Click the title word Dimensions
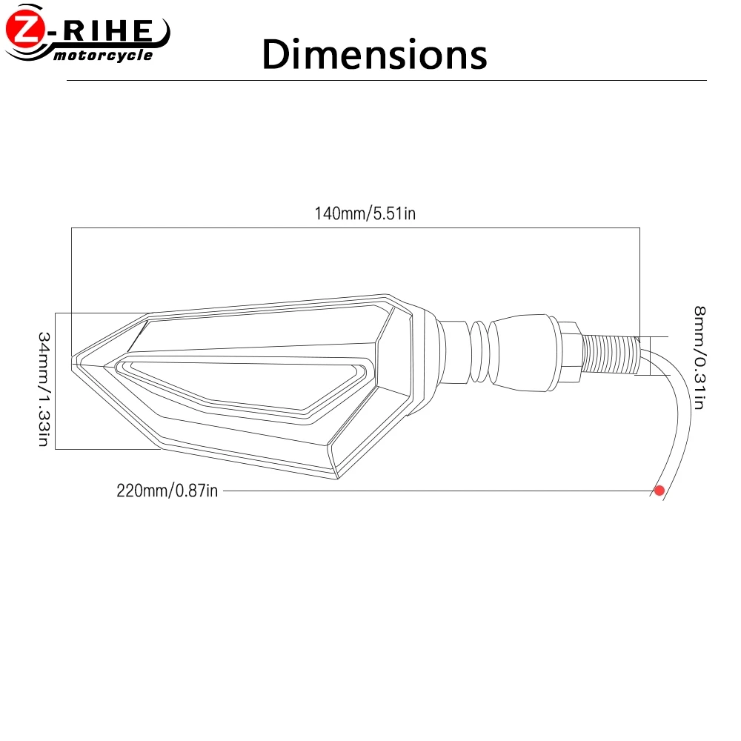(374, 54)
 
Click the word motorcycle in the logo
(103, 56)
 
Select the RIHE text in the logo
(107, 30)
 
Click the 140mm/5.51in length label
(365, 213)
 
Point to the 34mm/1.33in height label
(44, 389)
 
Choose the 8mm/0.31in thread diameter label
(700, 358)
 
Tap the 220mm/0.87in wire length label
(167, 491)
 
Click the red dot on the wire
(659, 491)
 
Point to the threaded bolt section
(611, 353)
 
